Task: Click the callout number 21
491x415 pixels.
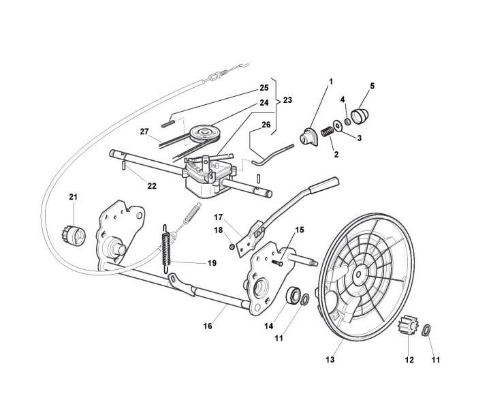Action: [x=73, y=198]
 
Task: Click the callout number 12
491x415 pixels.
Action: [x=409, y=359]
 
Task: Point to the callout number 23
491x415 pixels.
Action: [x=288, y=100]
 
